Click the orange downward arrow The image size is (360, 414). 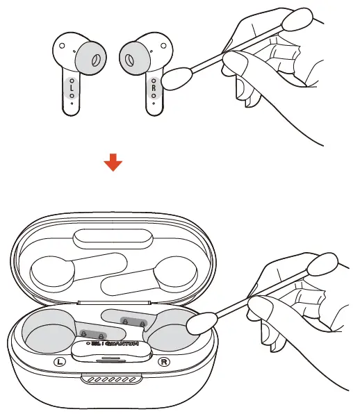pyautogui.click(x=113, y=163)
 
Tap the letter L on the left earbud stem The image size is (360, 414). pyautogui.click(x=72, y=88)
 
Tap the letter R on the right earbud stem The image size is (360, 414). pyautogui.click(x=154, y=88)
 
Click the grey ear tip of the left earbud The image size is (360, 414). pyautogui.click(x=88, y=60)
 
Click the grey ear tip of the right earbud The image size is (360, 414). pyautogui.click(x=137, y=60)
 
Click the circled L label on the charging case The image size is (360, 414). pyautogui.click(x=60, y=362)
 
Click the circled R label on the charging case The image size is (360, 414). pyautogui.click(x=164, y=362)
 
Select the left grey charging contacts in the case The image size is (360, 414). pyautogui.click(x=91, y=333)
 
